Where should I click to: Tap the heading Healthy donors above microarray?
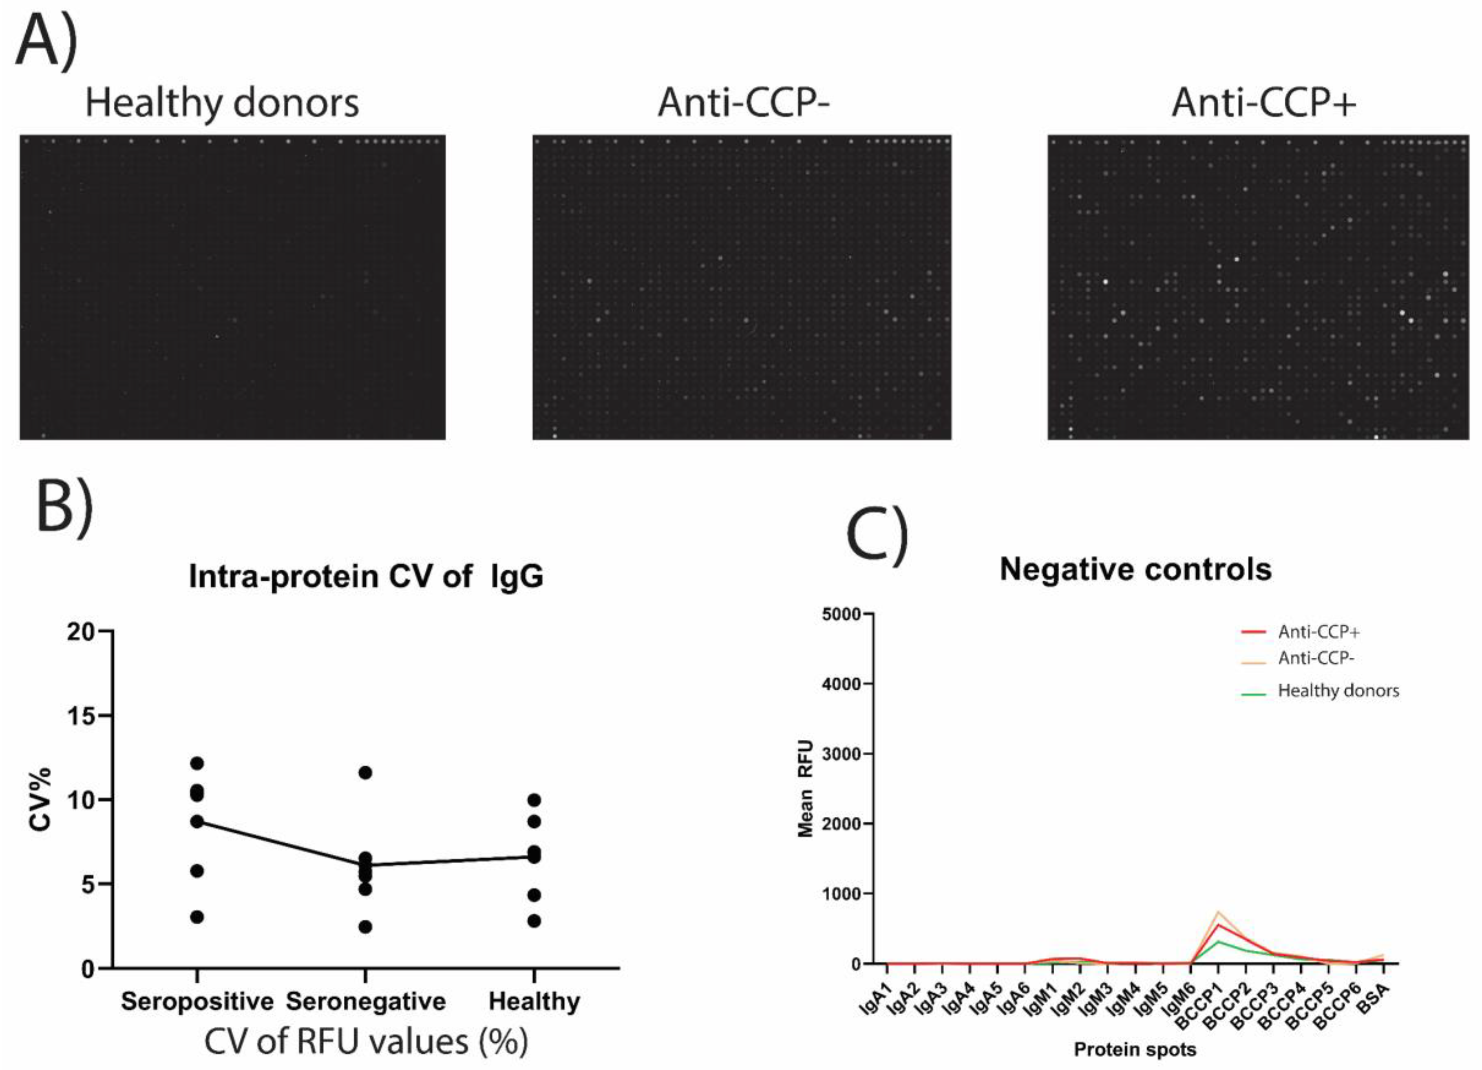point(222,103)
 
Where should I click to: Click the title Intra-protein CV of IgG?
point(366,577)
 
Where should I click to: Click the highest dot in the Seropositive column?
point(197,763)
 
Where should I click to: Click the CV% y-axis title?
point(40,799)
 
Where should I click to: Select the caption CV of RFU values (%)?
point(366,1042)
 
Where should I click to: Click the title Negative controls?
point(1136,569)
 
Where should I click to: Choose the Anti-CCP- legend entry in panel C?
point(1315,658)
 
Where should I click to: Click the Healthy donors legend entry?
point(1338,690)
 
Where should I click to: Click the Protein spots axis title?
point(1135,1049)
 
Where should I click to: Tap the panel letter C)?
point(877,529)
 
